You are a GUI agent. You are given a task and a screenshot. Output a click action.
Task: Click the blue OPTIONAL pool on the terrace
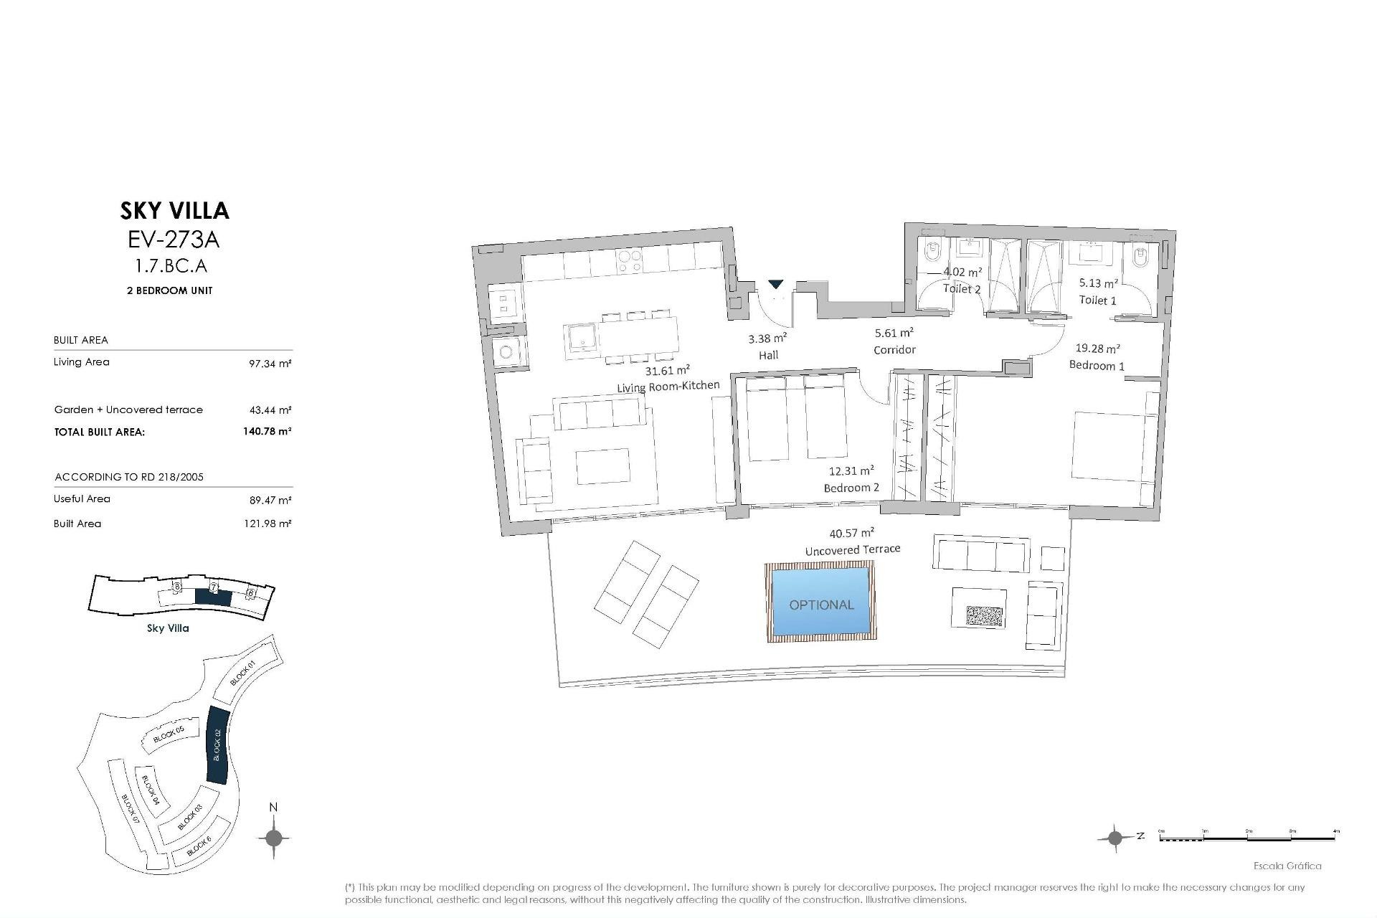(821, 601)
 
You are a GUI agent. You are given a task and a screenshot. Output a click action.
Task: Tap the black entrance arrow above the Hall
(776, 285)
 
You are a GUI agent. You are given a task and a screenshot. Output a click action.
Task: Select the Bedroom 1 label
(1096, 366)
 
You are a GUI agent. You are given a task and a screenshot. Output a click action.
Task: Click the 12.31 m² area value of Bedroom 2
(851, 471)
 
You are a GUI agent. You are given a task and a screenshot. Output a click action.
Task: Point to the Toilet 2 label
(961, 289)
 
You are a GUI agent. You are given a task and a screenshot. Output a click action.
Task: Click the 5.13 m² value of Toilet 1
(1098, 283)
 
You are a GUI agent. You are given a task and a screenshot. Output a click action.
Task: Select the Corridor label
(894, 350)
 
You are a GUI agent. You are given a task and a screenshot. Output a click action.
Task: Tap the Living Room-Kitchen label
(668, 387)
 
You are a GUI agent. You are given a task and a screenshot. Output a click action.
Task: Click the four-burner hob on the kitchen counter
(629, 261)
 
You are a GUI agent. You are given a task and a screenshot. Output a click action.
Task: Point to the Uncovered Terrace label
(852, 550)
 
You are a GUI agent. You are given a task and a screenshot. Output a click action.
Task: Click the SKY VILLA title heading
(174, 211)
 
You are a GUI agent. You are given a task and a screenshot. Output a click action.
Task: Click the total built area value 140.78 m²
(267, 432)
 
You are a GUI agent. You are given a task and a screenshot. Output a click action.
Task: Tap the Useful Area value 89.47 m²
(270, 501)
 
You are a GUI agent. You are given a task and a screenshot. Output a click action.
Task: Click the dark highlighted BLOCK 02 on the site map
(216, 745)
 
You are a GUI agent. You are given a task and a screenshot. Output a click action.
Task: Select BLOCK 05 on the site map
(169, 735)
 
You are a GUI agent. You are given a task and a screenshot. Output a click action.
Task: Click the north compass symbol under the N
(273, 838)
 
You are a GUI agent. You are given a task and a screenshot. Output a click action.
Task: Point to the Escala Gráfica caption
(1287, 866)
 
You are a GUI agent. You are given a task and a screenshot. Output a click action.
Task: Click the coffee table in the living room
(602, 467)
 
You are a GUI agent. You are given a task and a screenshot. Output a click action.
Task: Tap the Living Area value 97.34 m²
(270, 364)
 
